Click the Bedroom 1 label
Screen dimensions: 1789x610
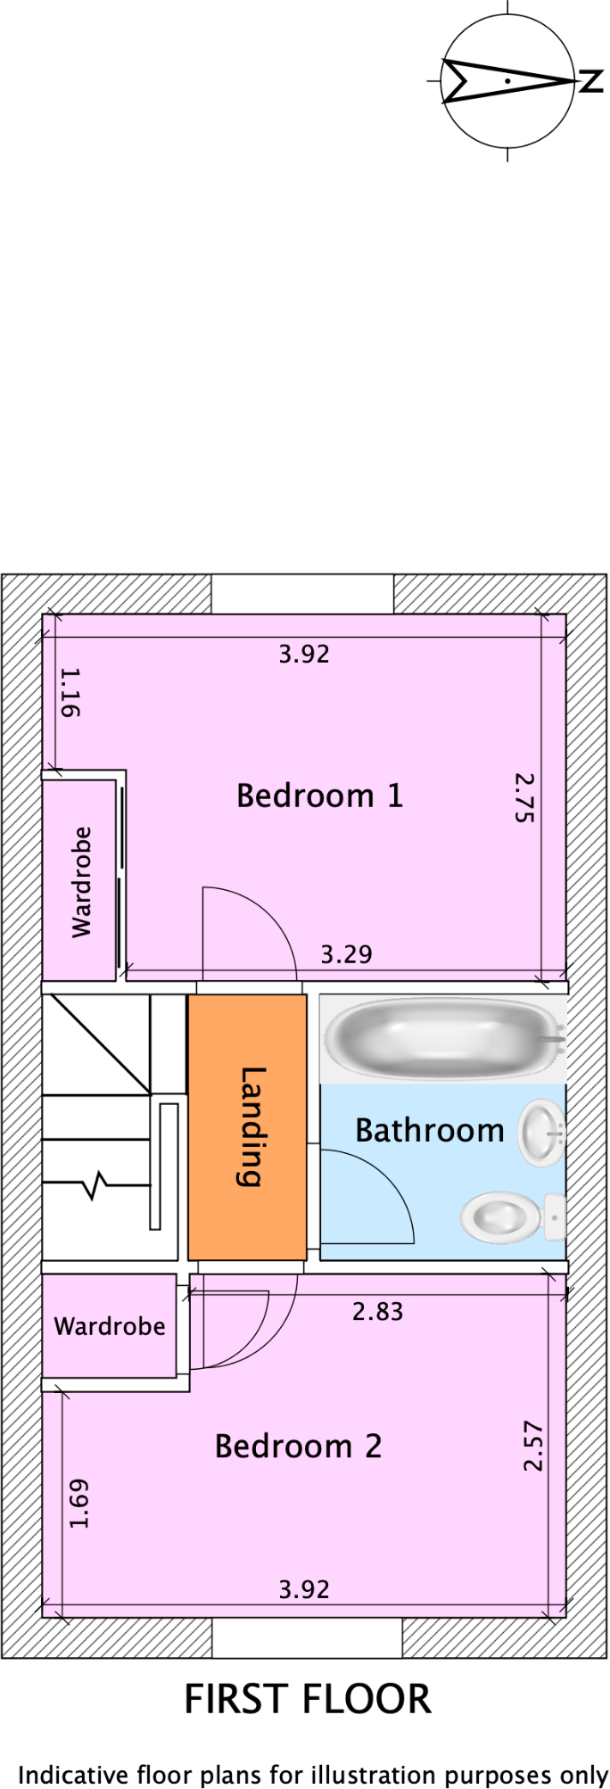point(319,796)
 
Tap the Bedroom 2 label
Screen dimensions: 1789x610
point(298,1447)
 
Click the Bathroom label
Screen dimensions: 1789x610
point(430,1131)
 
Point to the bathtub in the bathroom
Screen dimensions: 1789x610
point(442,1038)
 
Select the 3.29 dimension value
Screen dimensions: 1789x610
point(346,955)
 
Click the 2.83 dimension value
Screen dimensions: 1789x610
point(377,1312)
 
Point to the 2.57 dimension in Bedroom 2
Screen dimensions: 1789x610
point(532,1446)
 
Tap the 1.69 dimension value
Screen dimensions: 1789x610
point(79,1504)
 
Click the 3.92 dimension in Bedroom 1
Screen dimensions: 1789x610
point(303,655)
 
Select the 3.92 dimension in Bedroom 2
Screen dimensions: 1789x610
point(303,1590)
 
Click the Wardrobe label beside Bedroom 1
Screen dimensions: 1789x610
point(81,882)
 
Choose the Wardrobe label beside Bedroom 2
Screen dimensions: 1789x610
point(110,1327)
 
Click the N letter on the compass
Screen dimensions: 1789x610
point(590,81)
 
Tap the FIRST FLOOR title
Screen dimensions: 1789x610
point(307,1700)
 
